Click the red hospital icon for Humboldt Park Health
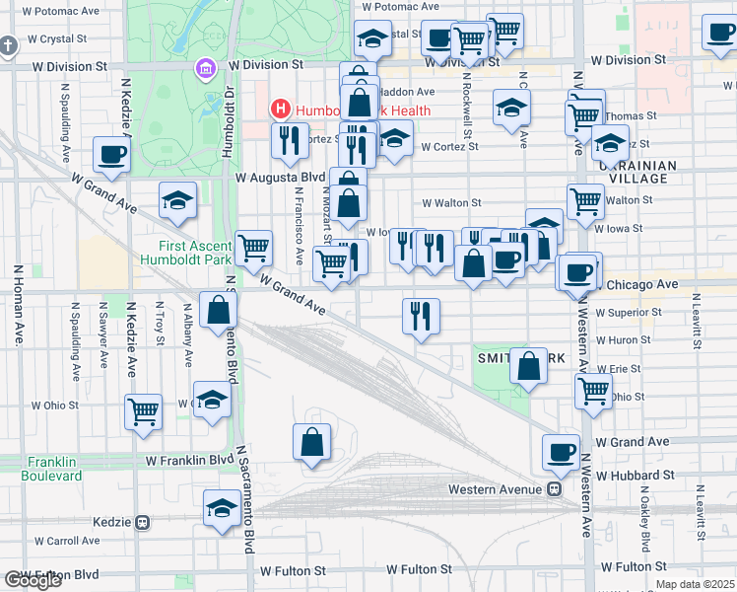281,109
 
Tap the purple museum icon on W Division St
205,68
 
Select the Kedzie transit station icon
143,522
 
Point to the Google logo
33,580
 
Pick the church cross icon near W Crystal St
8,45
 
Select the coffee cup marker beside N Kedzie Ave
111,155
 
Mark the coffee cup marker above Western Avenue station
562,452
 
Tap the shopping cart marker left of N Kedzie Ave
144,410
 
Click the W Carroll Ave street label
66,541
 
